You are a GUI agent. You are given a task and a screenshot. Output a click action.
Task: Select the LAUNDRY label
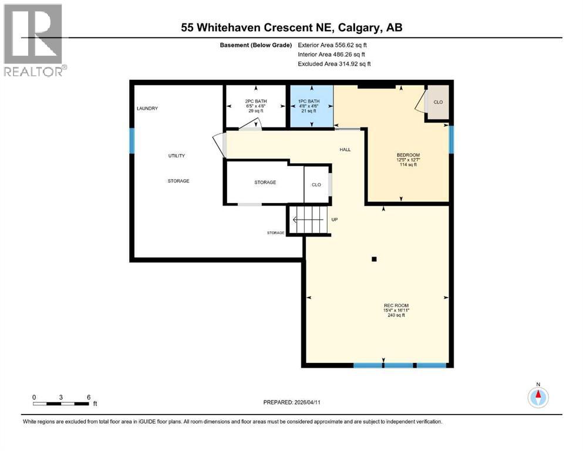[147, 109]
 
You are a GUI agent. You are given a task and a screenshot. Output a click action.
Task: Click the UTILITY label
[177, 156]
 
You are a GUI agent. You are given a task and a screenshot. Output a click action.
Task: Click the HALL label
[345, 150]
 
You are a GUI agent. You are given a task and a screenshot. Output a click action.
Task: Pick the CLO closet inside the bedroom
[438, 103]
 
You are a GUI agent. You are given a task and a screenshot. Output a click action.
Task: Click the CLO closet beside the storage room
[316, 184]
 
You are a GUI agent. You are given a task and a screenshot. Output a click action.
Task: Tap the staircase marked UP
[309, 220]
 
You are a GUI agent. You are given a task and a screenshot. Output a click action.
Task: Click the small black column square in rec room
[373, 259]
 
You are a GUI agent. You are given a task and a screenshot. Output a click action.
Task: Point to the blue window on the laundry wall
[132, 140]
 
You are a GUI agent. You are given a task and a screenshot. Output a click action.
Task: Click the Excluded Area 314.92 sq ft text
[334, 63]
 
